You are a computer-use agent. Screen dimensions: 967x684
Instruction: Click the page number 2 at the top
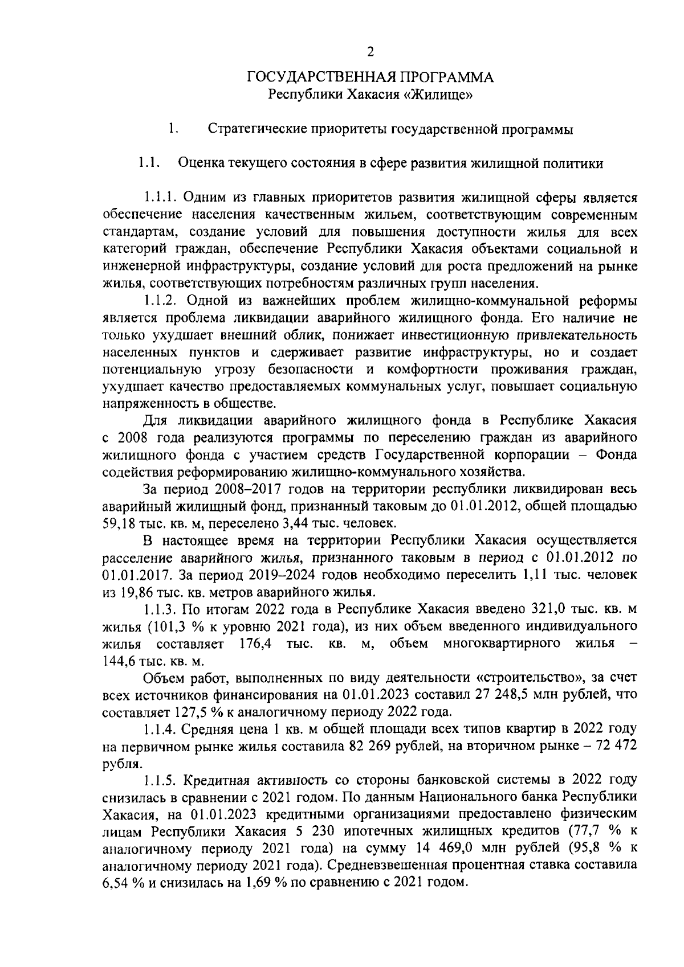(370, 52)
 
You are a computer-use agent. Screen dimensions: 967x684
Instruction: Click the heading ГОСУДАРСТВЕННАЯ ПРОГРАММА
(370, 77)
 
